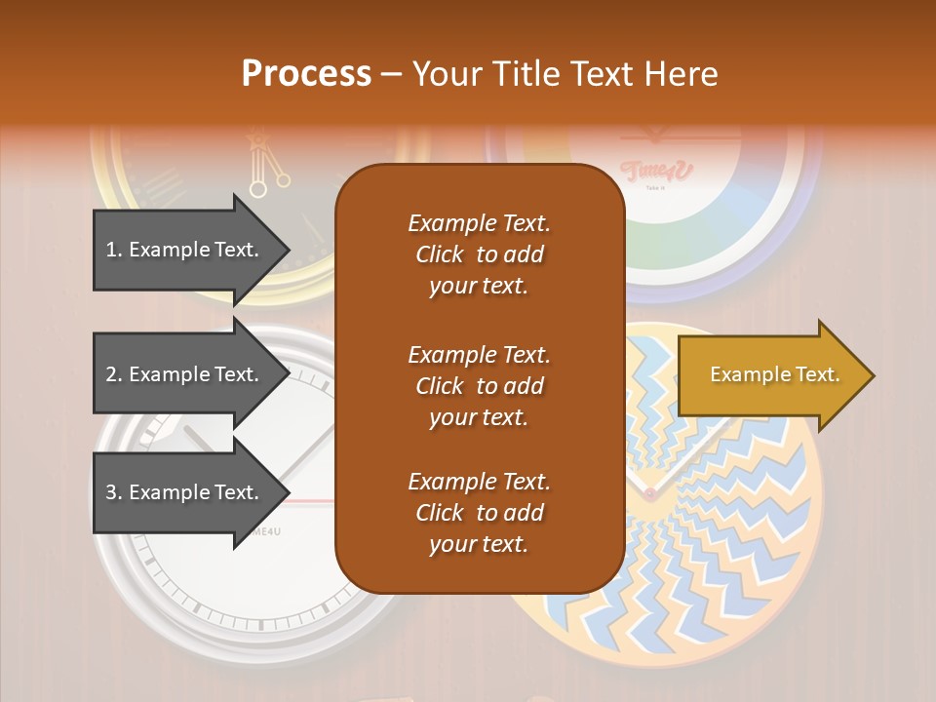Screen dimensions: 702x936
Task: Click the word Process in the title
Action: pyautogui.click(x=306, y=74)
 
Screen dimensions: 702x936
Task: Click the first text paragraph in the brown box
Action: pyautogui.click(x=479, y=254)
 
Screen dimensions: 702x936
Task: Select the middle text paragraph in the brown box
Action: pyautogui.click(x=479, y=386)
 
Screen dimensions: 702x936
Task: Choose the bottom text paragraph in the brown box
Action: pyautogui.click(x=479, y=513)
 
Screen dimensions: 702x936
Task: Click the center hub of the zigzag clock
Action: pyautogui.click(x=649, y=494)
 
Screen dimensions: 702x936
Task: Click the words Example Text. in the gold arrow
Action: pyautogui.click(x=775, y=374)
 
